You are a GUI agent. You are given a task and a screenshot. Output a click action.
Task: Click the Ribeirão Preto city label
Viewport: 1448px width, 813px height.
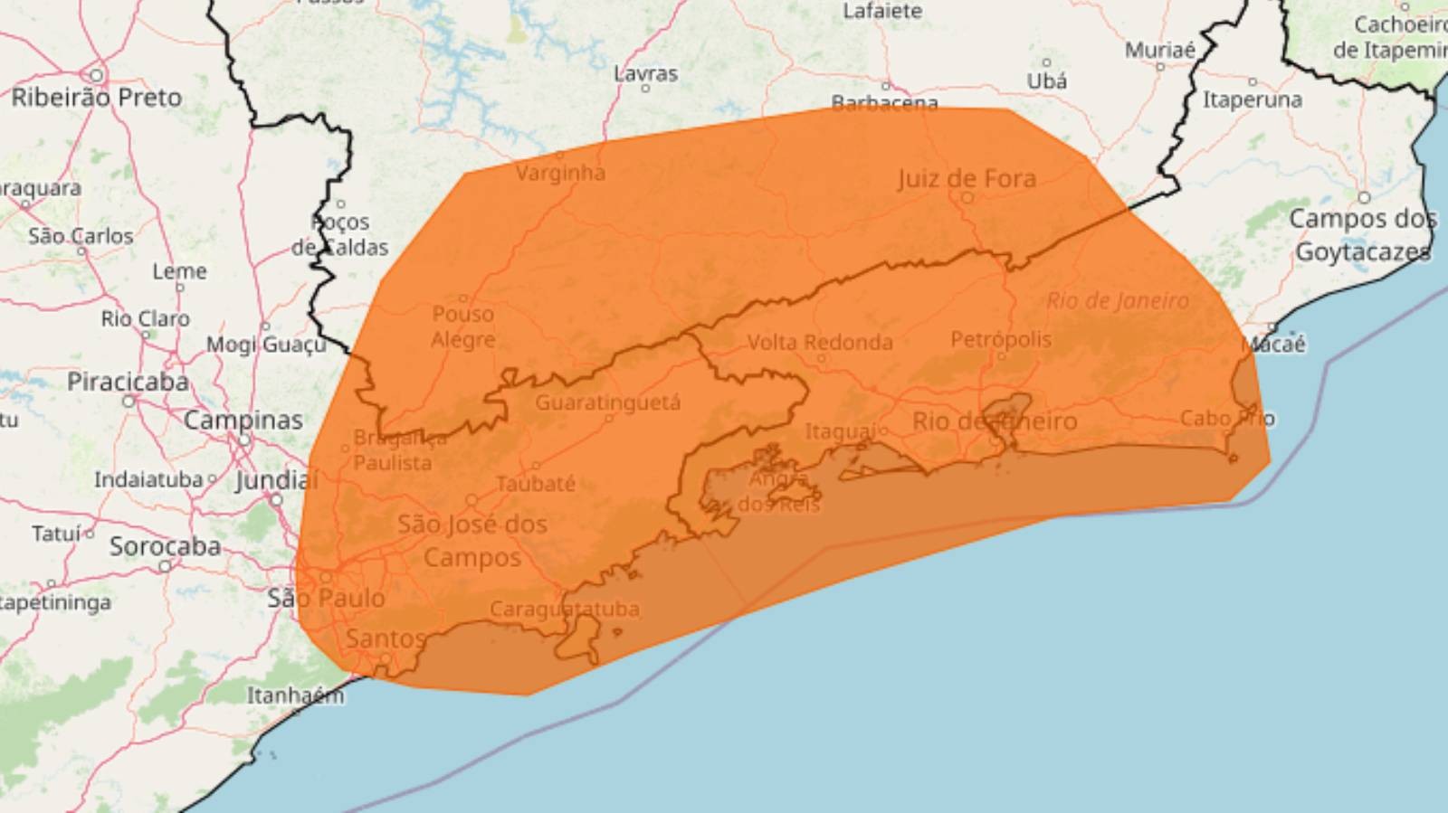point(97,98)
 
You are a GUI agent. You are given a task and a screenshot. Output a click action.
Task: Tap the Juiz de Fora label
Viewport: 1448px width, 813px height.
point(967,178)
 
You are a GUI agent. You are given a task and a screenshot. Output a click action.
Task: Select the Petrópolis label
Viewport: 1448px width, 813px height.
point(1001,339)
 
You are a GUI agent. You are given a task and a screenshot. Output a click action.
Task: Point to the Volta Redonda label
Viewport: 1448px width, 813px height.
point(819,343)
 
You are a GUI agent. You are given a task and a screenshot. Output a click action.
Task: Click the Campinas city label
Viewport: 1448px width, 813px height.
point(243,421)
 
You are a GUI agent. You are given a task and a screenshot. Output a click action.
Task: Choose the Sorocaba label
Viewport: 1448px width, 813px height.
point(165,546)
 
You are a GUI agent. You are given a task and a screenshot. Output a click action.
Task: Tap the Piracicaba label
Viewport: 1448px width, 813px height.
point(128,382)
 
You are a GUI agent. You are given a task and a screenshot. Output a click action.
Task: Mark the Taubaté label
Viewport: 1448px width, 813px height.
point(536,484)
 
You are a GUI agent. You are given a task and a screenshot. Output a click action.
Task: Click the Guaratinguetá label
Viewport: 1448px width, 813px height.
point(607,402)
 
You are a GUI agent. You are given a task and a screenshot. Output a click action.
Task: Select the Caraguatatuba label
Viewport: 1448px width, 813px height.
point(565,610)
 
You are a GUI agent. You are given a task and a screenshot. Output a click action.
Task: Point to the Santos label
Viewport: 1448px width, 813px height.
point(386,638)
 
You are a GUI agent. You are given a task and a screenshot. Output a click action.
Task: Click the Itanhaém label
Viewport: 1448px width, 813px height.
point(295,695)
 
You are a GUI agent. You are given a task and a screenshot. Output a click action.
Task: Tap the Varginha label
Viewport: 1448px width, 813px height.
point(560,172)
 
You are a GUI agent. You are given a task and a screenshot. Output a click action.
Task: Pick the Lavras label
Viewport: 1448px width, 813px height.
point(645,73)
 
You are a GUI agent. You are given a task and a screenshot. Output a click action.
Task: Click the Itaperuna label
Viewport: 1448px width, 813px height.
point(1252,99)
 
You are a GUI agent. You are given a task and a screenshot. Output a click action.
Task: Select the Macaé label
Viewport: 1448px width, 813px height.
point(1273,344)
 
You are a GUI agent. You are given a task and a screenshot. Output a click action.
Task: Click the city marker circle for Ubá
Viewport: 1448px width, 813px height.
point(1046,62)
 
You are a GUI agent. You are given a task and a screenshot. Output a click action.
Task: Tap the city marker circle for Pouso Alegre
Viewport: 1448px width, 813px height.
point(463,298)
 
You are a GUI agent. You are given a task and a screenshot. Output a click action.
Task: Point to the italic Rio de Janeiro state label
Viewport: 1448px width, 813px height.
point(1118,300)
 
